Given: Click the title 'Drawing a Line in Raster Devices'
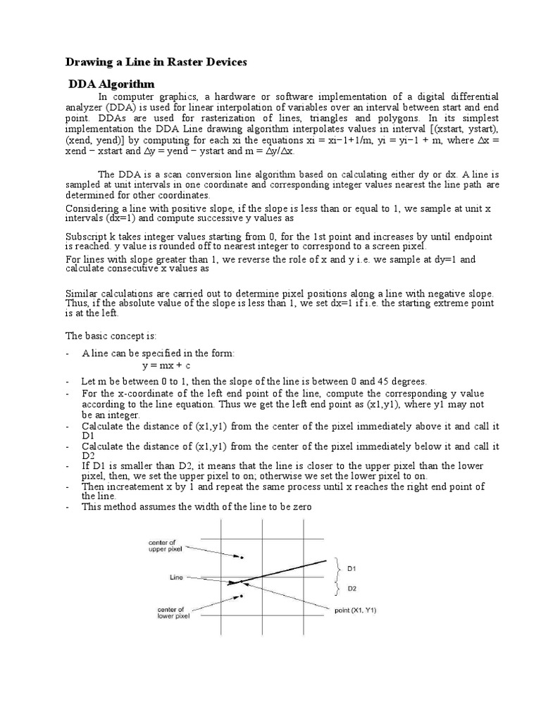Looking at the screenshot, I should pyautogui.click(x=156, y=63).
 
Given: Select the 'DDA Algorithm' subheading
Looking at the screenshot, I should pyautogui.click(x=111, y=84).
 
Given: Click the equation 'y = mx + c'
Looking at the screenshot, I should pyautogui.click(x=167, y=366).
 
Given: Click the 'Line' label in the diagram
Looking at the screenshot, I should pyautogui.click(x=177, y=577).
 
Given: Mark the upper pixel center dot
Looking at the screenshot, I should pyautogui.click(x=242, y=558).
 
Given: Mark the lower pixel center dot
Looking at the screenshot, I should pyautogui.click(x=242, y=596).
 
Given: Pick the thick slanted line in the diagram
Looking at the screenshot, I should pyautogui.click(x=282, y=572).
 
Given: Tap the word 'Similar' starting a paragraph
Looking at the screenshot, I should pyautogui.click(x=82, y=293).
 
